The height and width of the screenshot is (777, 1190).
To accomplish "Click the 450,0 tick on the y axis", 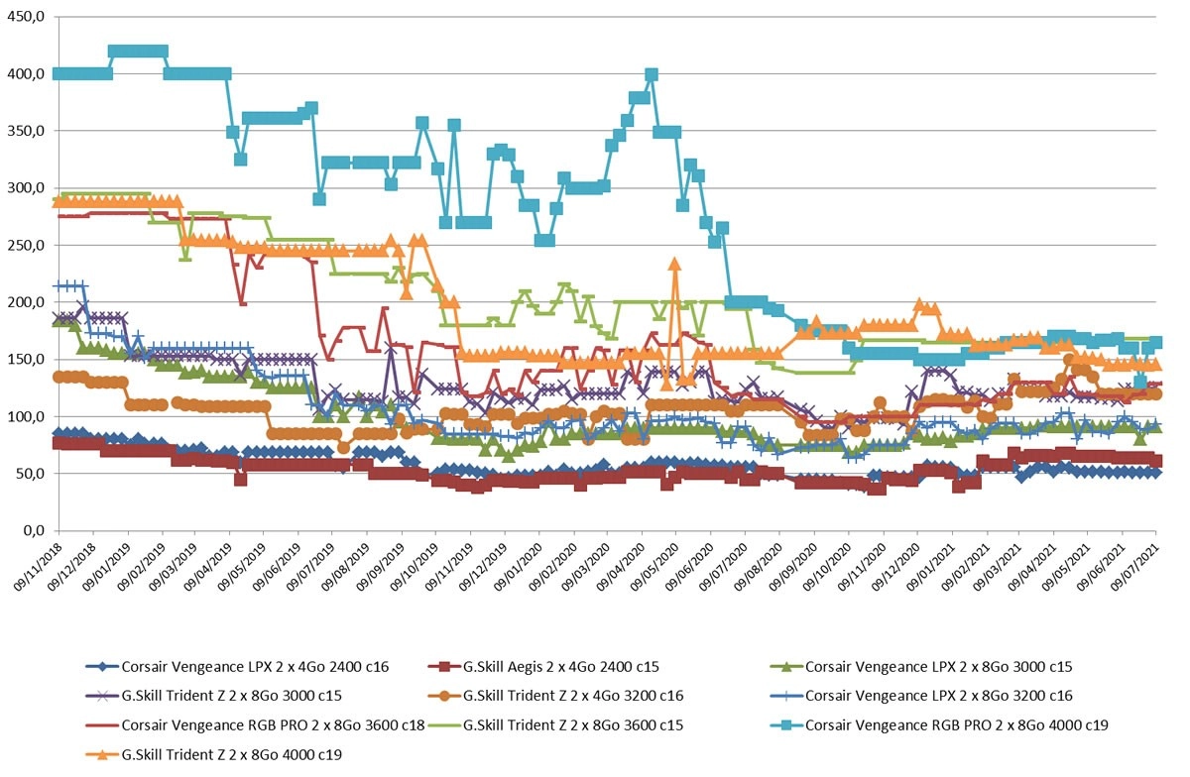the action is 26,17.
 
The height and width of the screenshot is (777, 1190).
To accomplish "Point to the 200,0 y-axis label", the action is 26,302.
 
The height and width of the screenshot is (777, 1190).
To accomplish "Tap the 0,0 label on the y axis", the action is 34,530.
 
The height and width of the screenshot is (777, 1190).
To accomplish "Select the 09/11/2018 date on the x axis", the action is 39,567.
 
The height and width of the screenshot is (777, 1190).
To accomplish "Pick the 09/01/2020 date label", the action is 518,567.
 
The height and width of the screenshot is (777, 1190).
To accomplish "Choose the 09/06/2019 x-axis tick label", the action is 278,567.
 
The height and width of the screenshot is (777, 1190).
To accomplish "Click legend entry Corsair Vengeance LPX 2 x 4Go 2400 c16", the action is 237,667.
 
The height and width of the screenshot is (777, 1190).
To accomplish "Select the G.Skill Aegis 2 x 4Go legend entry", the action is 543,667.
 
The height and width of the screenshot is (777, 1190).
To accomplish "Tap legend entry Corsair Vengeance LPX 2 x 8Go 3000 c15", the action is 921,667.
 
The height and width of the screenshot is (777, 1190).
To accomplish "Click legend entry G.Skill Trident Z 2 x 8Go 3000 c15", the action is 213,696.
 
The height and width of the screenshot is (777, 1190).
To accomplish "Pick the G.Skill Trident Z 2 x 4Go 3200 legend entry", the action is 555,696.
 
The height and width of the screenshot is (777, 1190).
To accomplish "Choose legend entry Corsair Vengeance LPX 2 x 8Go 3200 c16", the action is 921,696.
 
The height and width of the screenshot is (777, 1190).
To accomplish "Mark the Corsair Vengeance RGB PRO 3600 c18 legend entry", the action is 255,724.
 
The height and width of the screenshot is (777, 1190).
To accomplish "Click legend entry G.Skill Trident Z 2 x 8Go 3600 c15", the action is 555,724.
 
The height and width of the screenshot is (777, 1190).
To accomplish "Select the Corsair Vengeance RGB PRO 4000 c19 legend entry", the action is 939,724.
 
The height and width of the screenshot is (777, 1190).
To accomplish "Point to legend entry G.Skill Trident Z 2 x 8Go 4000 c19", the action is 213,754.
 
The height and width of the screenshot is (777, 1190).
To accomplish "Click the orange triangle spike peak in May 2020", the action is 674,264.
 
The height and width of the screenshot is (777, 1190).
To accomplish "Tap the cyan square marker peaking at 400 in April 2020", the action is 652,74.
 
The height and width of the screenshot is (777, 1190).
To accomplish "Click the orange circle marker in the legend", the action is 444,696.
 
